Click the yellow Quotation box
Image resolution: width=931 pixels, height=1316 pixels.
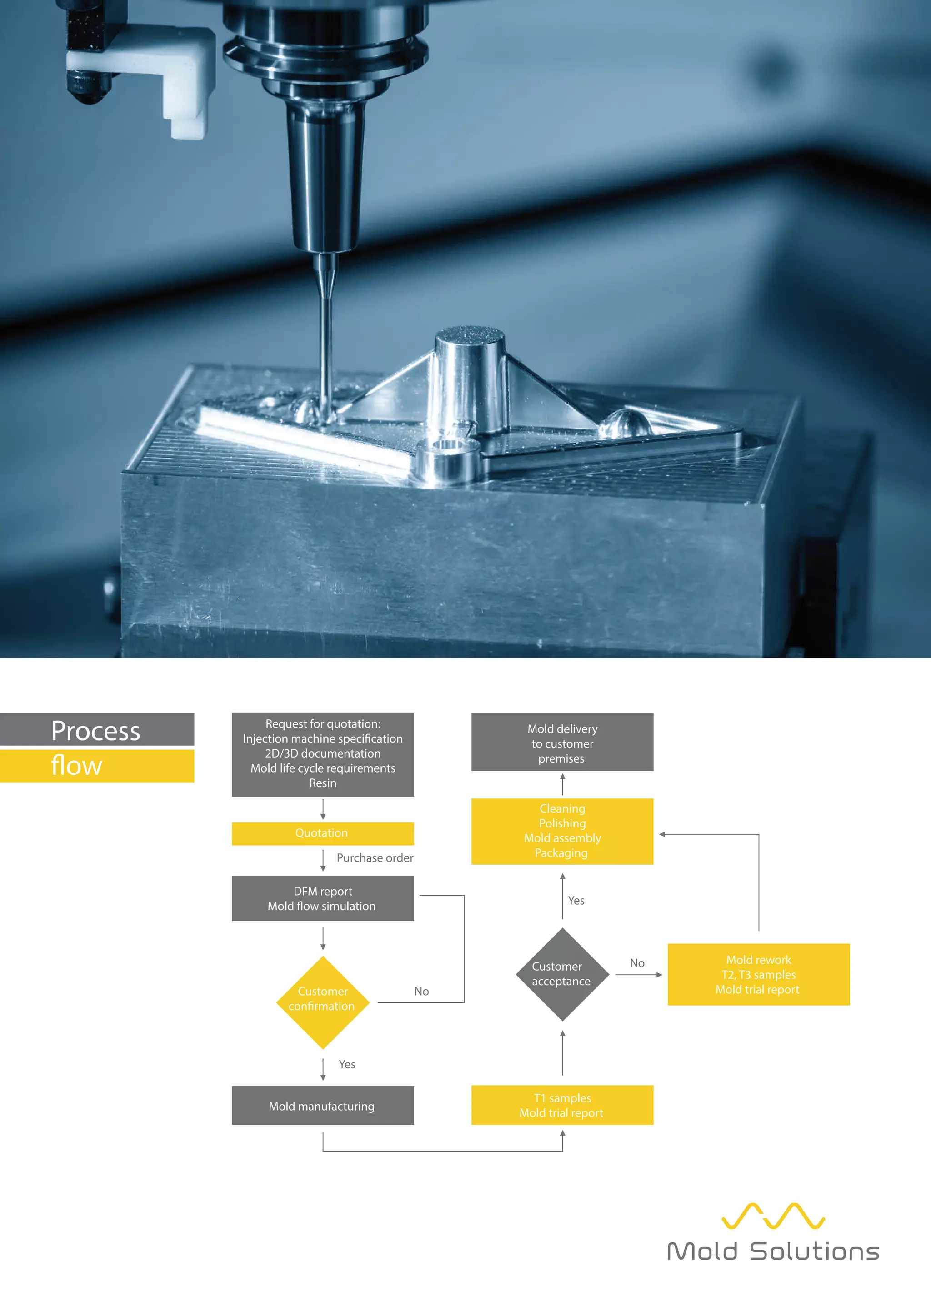pyautogui.click(x=322, y=833)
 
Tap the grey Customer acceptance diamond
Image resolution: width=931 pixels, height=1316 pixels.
pyautogui.click(x=562, y=974)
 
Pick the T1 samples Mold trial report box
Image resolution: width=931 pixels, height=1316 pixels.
pyautogui.click(x=562, y=1105)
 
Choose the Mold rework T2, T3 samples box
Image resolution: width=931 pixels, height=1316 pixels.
pyautogui.click(x=758, y=974)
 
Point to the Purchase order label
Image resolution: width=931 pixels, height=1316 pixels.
pyautogui.click(x=375, y=858)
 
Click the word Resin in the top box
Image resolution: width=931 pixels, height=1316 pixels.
pyautogui.click(x=323, y=783)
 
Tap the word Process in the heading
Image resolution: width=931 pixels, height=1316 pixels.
pyautogui.click(x=96, y=731)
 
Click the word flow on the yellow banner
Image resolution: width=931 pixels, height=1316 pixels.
pyautogui.click(x=77, y=766)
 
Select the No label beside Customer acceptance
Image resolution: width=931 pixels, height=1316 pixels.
pyautogui.click(x=637, y=963)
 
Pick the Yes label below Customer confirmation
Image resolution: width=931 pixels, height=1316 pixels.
pyautogui.click(x=347, y=1064)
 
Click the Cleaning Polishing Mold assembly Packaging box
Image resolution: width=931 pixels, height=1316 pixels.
pyautogui.click(x=562, y=831)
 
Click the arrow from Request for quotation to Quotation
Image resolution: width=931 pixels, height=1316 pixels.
pyautogui.click(x=323, y=809)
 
